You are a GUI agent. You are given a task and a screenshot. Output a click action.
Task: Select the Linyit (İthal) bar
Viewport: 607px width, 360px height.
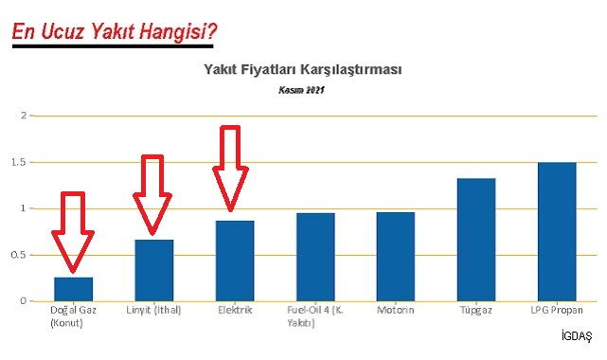click(153, 270)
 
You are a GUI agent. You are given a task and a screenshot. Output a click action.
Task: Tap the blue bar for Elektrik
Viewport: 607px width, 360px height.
click(234, 261)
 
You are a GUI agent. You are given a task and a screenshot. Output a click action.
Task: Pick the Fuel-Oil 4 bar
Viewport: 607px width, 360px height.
click(314, 257)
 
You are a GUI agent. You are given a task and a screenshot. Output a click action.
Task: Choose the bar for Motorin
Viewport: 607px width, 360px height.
click(395, 257)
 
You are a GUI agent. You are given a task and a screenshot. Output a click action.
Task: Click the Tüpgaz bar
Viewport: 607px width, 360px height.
click(475, 240)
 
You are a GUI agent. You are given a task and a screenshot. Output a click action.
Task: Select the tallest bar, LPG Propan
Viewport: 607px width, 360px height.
click(556, 231)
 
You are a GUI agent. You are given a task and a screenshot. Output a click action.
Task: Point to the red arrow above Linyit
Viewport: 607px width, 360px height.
click(152, 194)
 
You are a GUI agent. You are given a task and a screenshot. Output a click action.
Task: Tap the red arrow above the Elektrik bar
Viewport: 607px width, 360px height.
click(229, 167)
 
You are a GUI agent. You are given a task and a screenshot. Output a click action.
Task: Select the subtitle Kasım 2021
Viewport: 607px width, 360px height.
click(301, 91)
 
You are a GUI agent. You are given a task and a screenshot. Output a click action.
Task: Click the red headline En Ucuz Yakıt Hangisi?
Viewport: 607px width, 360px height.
click(115, 33)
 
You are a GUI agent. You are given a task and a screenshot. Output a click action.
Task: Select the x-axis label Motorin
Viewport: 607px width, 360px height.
click(395, 310)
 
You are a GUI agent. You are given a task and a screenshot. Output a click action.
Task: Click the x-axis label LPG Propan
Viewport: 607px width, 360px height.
click(556, 310)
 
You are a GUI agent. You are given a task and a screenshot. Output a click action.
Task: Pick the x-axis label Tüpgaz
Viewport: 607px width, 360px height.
click(475, 310)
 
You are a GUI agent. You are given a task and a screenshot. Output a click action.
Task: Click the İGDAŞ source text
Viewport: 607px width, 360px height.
click(576, 336)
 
